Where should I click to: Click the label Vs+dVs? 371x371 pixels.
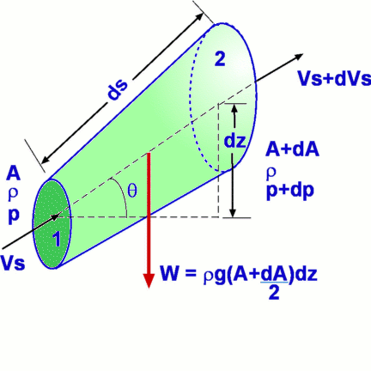(x=334, y=78)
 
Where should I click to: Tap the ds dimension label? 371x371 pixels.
(x=117, y=89)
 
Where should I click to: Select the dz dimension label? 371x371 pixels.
(x=234, y=141)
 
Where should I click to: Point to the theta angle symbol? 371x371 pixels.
(x=132, y=191)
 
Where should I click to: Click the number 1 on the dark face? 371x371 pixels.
(x=57, y=239)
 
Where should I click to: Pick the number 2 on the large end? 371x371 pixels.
(x=220, y=59)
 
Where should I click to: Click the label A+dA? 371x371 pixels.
(x=292, y=149)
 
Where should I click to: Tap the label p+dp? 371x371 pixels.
(x=290, y=191)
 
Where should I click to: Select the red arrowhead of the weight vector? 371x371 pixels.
(x=149, y=280)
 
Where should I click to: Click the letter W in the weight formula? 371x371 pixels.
(x=171, y=274)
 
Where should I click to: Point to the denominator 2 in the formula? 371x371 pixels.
(x=274, y=293)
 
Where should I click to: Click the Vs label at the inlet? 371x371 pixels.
(x=13, y=263)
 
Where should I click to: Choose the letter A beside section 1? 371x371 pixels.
(x=14, y=174)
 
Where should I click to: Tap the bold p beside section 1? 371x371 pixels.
(x=14, y=216)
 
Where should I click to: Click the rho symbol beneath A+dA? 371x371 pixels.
(x=271, y=173)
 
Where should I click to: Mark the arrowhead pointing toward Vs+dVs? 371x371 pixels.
(x=298, y=56)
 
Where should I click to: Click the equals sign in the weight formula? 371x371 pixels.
(x=191, y=274)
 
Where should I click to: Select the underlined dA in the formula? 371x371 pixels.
(x=274, y=274)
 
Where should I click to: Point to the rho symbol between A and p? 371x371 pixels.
(x=13, y=193)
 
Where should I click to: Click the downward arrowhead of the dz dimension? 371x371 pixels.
(x=233, y=212)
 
